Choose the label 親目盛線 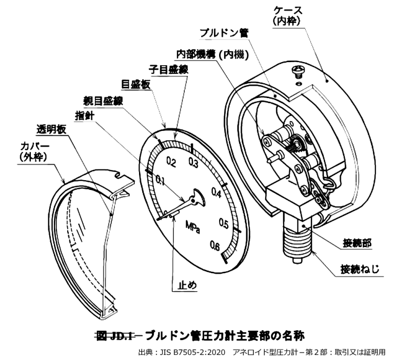pyautogui.click(x=103, y=101)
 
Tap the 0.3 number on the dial pyautogui.click(x=193, y=163)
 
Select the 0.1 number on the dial pyautogui.click(x=161, y=181)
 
